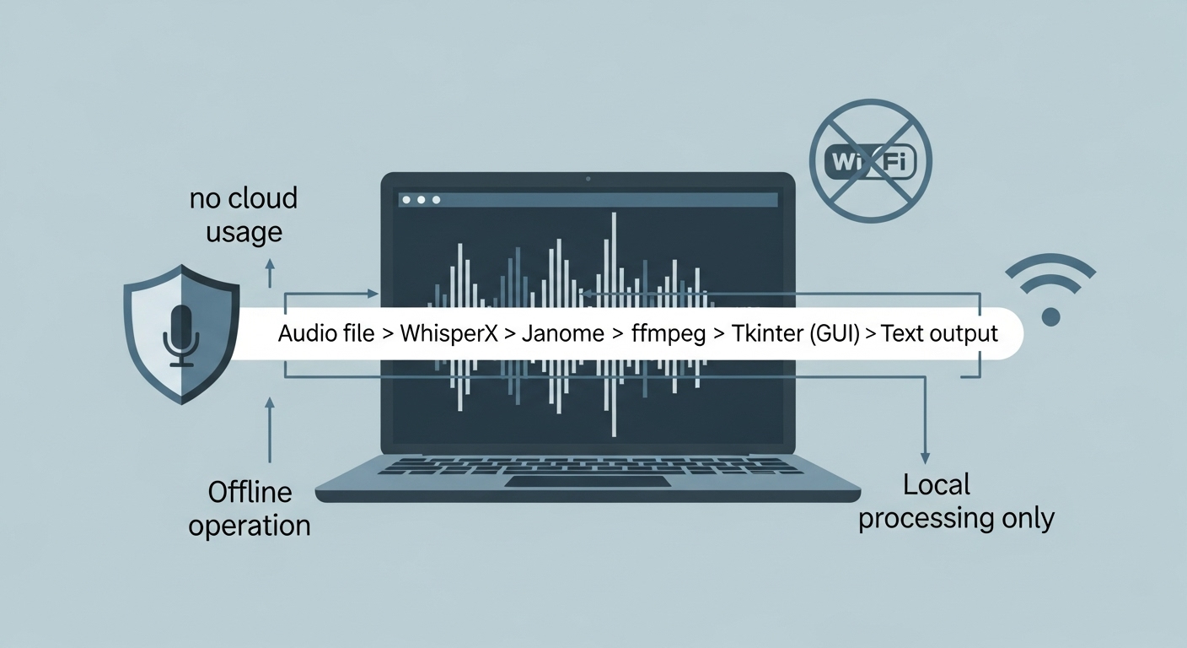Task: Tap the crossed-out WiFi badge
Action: tap(870, 161)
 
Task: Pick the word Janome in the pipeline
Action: tap(563, 333)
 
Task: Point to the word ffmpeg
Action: tap(669, 333)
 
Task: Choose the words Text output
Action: tap(939, 333)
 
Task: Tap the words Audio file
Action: tap(326, 333)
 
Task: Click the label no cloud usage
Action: tap(244, 215)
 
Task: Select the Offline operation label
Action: tap(250, 508)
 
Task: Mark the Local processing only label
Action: tap(956, 501)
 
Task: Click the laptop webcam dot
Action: tap(588, 179)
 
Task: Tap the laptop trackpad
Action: tap(588, 481)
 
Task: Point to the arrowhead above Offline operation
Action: tap(270, 406)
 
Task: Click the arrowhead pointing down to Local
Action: tap(926, 456)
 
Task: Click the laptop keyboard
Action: tap(588, 465)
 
